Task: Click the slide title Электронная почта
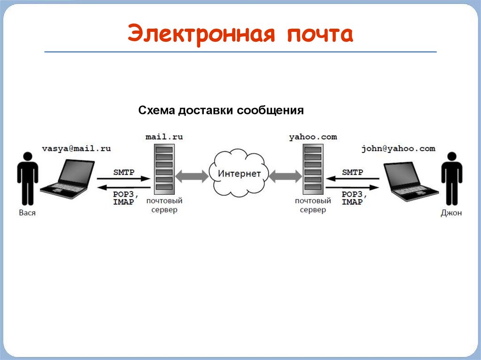(x=240, y=34)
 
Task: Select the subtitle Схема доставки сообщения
(x=221, y=111)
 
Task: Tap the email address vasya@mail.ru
(x=76, y=148)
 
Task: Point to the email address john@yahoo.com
(x=398, y=148)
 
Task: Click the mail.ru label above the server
(x=164, y=137)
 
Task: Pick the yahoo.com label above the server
(x=313, y=137)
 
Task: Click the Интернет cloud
(x=239, y=173)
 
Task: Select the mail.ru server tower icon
(x=163, y=169)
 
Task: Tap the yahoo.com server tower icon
(x=312, y=169)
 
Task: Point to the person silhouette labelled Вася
(x=28, y=177)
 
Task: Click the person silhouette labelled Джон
(x=451, y=177)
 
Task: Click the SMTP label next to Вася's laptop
(x=124, y=172)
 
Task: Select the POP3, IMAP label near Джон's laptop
(x=353, y=198)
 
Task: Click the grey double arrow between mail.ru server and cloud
(x=192, y=176)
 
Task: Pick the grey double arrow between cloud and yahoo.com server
(x=285, y=176)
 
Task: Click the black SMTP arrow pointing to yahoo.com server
(x=352, y=179)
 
